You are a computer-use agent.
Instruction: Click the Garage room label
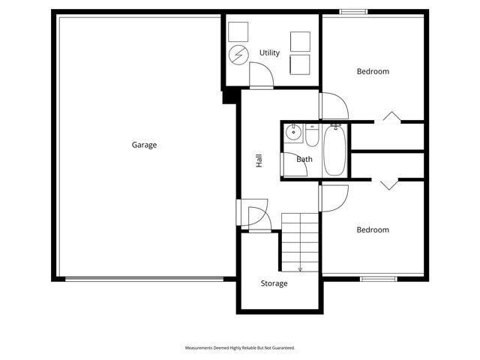[144, 145]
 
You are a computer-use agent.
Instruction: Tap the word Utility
[269, 52]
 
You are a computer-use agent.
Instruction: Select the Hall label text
[259, 160]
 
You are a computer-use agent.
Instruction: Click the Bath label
[304, 159]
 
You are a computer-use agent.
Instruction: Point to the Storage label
[274, 283]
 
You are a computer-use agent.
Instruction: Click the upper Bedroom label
[373, 71]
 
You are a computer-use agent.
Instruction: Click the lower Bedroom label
[373, 229]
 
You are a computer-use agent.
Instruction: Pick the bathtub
[334, 149]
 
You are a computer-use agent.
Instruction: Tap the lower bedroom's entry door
[332, 197]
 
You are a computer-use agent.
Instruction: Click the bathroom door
[293, 164]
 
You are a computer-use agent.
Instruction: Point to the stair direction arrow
[300, 267]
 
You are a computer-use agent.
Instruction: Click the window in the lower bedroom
[378, 279]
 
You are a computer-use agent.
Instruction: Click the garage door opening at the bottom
[144, 279]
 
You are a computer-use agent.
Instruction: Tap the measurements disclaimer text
[240, 348]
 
